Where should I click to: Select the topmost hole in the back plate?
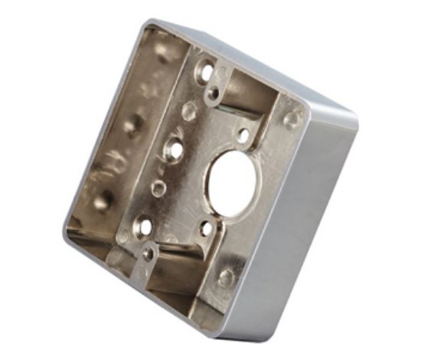click(204, 72)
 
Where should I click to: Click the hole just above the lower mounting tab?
click(144, 226)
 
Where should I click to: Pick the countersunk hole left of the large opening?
click(174, 149)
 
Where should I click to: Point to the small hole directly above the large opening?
click(243, 136)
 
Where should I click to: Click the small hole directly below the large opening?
click(205, 227)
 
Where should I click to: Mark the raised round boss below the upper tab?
click(188, 113)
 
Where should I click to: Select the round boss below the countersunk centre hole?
click(158, 188)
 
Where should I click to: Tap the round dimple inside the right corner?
click(292, 119)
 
